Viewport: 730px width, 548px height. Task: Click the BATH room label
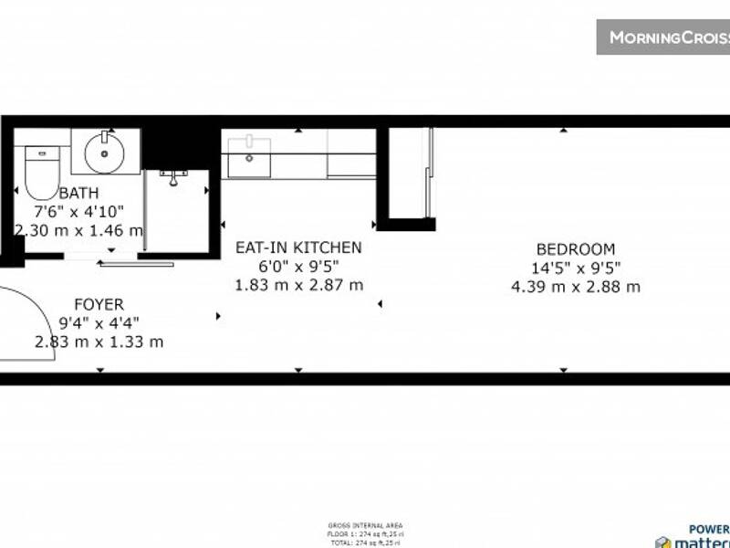tap(78, 193)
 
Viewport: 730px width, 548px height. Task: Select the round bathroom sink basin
tap(105, 153)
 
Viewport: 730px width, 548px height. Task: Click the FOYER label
tap(98, 304)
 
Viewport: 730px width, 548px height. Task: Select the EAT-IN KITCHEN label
tap(298, 248)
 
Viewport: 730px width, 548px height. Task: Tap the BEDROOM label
tap(575, 248)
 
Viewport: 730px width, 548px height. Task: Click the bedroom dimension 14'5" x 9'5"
tap(575, 268)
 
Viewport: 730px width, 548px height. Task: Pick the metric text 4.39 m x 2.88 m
tap(575, 286)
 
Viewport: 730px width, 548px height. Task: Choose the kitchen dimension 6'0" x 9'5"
tap(298, 266)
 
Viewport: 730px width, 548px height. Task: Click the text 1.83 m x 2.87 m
tap(298, 284)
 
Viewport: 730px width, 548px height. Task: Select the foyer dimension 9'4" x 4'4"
tap(99, 322)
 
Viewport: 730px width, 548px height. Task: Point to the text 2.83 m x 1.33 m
tap(99, 342)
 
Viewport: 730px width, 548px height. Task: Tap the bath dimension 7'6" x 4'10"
tap(78, 212)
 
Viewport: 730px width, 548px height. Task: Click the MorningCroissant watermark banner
tap(663, 37)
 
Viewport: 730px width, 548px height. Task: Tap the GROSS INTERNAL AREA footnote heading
tap(365, 525)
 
